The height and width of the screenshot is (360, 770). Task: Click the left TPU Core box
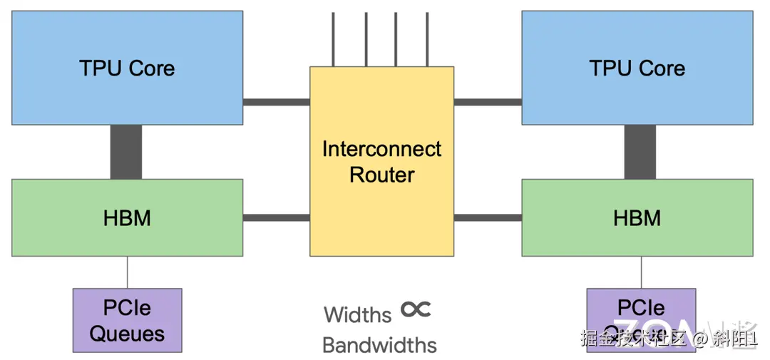coord(127,68)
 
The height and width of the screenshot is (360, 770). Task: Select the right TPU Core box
coord(637,68)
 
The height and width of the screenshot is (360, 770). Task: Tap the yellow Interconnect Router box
coord(381,161)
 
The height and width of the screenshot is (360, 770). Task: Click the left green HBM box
coord(127,217)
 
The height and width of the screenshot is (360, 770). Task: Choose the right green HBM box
coord(637,217)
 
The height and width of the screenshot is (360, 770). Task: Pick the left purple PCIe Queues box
coord(127,320)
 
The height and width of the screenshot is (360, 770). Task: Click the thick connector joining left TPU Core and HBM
coord(126,152)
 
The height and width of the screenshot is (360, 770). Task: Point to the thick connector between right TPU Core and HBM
coord(640,152)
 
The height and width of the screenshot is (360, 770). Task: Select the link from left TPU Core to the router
coord(276,102)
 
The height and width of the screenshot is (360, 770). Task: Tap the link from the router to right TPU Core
coord(488,102)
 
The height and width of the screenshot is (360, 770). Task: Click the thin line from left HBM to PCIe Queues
coord(128,272)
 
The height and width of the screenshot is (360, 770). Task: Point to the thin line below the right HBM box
coord(641,272)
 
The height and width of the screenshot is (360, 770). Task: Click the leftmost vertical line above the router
coord(333,39)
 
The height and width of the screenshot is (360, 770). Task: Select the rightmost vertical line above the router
coord(427,39)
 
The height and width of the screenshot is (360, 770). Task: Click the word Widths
coord(358,314)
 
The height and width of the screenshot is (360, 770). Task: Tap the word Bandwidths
coord(379,345)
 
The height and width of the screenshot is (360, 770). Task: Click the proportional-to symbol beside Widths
coord(416,309)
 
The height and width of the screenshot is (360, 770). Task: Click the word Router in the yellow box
coord(381,175)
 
